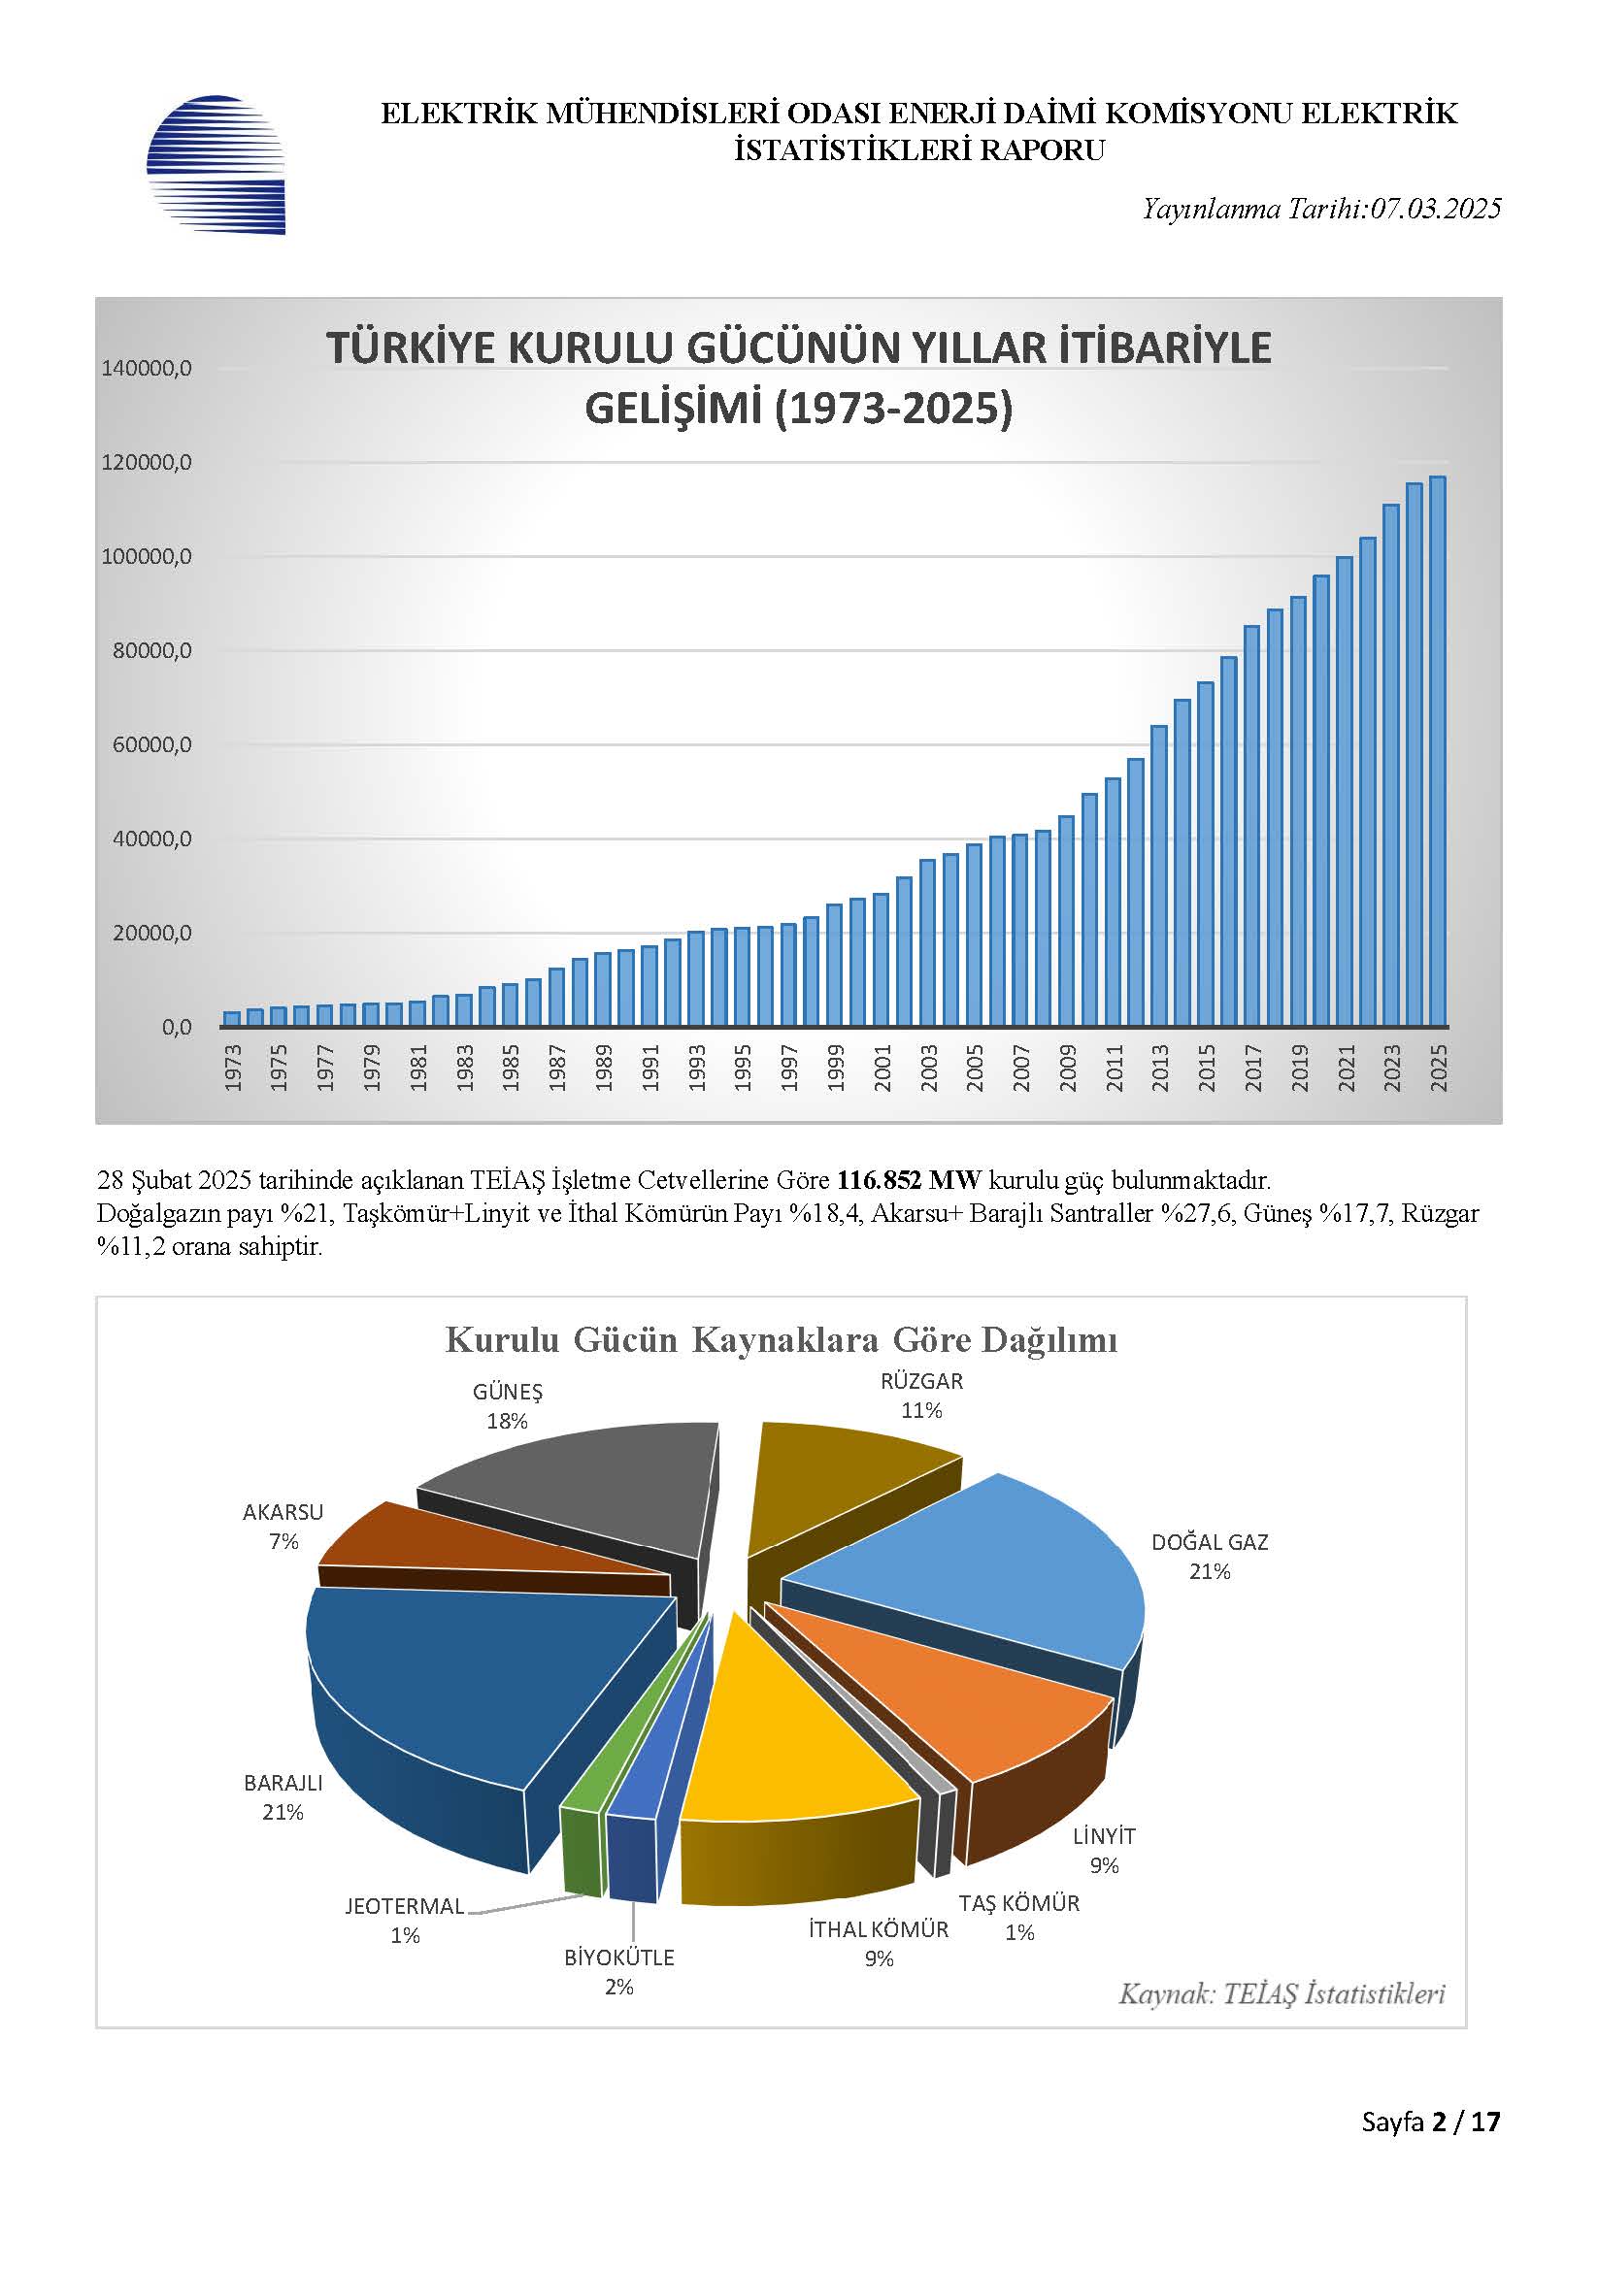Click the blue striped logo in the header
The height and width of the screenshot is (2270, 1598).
coord(216,164)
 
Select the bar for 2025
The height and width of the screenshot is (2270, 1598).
coord(1438,751)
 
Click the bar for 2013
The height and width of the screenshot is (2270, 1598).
coord(1159,876)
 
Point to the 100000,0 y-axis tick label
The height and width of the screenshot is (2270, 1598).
coord(147,557)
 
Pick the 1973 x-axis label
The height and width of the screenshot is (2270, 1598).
coord(233,1068)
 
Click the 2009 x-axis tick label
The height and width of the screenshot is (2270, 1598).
coord(1068,1068)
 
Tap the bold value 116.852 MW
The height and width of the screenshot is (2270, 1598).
coord(909,1179)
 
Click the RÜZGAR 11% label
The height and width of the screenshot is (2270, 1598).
coord(921,1396)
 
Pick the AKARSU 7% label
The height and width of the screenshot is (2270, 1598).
coord(283,1527)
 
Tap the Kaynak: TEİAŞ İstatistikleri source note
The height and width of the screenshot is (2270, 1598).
coord(1282,1994)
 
